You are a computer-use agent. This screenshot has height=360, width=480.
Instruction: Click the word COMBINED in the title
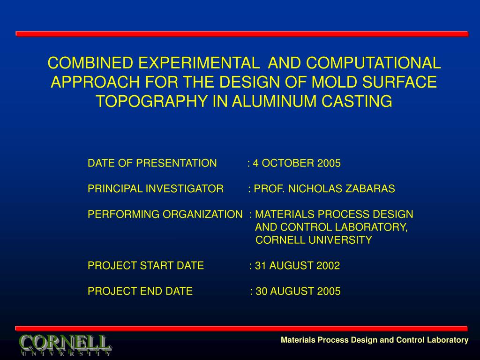point(90,63)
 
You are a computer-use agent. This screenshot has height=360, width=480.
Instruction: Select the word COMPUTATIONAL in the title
point(374,63)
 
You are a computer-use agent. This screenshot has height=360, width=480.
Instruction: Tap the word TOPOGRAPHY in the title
point(151,101)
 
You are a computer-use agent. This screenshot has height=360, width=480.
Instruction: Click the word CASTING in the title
point(357,101)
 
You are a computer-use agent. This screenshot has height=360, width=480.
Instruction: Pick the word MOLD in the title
point(334,82)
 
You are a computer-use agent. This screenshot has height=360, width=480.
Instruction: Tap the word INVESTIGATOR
point(184,188)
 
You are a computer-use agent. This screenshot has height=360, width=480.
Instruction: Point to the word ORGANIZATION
point(202,214)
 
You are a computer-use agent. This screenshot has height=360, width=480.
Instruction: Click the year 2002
point(328,265)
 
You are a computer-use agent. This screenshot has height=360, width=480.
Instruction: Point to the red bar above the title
point(242,34)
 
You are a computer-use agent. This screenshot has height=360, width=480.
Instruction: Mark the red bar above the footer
point(241,329)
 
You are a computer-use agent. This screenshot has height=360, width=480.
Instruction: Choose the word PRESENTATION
point(176,163)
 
